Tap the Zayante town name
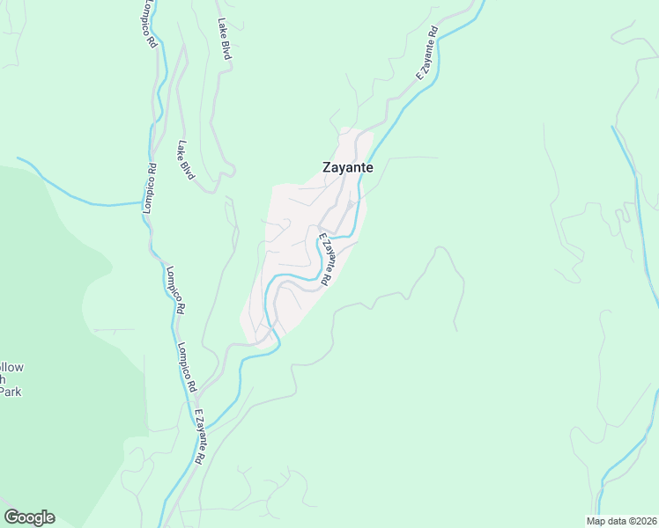pyautogui.click(x=347, y=167)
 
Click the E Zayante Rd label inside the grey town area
pyautogui.click(x=324, y=259)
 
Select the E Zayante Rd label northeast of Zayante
pyautogui.click(x=427, y=53)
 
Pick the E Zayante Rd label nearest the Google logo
pyautogui.click(x=200, y=437)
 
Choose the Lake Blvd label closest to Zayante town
pyautogui.click(x=186, y=159)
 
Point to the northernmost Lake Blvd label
pyautogui.click(x=225, y=40)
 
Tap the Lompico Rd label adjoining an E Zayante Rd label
pyautogui.click(x=188, y=367)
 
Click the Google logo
pyautogui.click(x=29, y=517)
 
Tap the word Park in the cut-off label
pyautogui.click(x=10, y=392)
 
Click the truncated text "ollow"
pyautogui.click(x=11, y=367)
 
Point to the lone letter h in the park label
pyautogui.click(x=4, y=379)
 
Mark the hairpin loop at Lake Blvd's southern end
pyautogui.click(x=208, y=187)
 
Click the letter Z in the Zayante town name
pyautogui.click(x=327, y=167)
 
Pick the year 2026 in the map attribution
pyautogui.click(x=644, y=521)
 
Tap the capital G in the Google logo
pyautogui.click(x=11, y=517)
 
